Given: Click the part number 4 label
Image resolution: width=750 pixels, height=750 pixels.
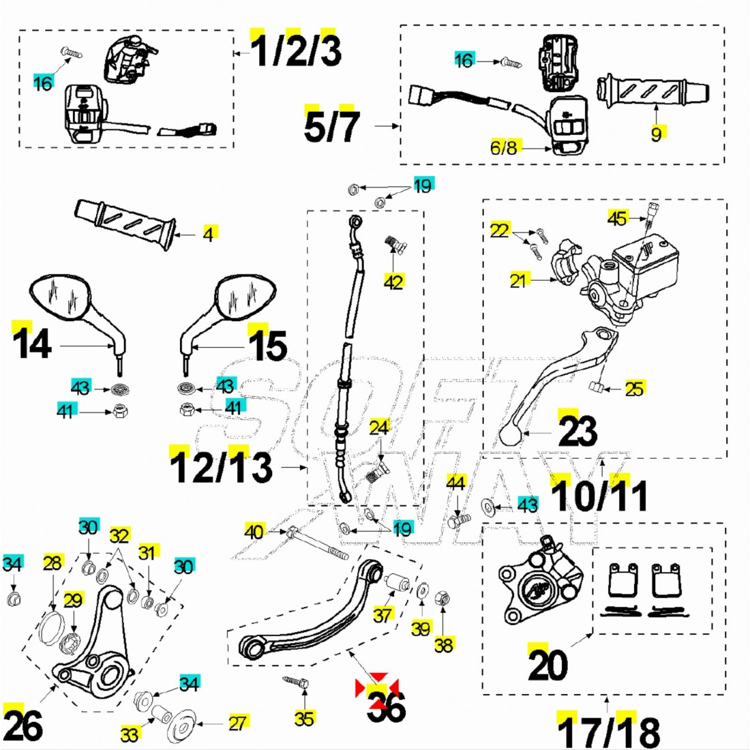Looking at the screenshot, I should pos(209,234).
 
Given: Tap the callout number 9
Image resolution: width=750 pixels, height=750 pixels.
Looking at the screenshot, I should pos(656,133).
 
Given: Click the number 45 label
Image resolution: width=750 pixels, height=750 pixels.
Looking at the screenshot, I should pos(617,218).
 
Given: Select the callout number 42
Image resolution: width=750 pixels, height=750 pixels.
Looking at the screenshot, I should pos(394,281).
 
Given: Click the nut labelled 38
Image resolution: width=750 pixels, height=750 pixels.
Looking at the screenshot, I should pos(442,598).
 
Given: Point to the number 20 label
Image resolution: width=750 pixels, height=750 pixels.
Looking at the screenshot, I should pos(547,665).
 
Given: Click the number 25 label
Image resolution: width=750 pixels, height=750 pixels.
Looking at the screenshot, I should pos(634,389).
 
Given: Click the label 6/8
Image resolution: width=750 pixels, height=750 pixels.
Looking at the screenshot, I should pos(504,147).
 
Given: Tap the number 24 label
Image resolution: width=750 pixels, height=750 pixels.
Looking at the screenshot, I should pos(379,427).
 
